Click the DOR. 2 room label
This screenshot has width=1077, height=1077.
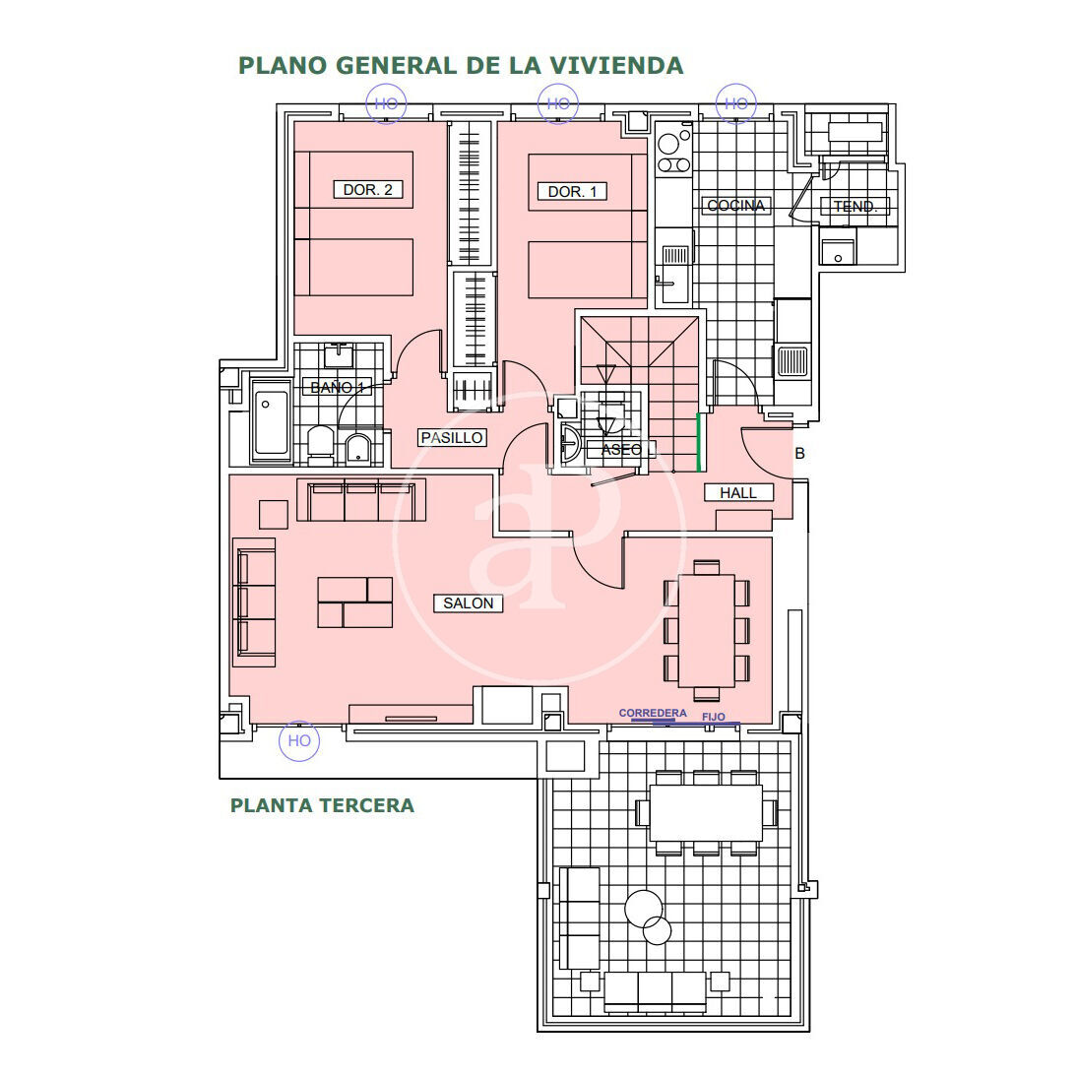[x=367, y=190]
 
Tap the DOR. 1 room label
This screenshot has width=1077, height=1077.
[x=572, y=192]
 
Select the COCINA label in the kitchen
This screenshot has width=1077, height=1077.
[x=735, y=206]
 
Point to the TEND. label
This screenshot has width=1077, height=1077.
[x=855, y=206]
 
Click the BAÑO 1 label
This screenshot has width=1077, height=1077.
[x=337, y=388]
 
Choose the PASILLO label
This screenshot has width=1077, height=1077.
[x=452, y=437]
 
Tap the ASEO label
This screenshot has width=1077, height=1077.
[x=621, y=450]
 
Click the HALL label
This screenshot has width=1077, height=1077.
[x=738, y=492]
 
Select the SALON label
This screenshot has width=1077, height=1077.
[x=468, y=603]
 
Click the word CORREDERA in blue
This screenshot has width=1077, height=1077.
[x=653, y=713]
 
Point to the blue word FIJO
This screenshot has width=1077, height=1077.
[x=714, y=717]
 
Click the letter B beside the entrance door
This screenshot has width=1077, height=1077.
[x=799, y=453]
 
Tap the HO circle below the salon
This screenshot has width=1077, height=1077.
[x=299, y=741]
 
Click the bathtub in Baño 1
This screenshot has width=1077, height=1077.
[x=272, y=421]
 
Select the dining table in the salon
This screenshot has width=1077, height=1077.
[x=707, y=630]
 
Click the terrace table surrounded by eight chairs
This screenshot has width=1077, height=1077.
[x=706, y=813]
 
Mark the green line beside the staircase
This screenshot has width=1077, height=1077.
[x=699, y=442]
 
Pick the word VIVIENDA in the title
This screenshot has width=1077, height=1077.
[x=617, y=66]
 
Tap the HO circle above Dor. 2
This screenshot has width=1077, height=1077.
[x=386, y=103]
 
